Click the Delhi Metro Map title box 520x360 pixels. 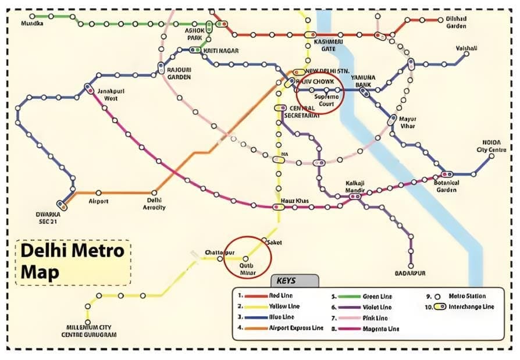[73, 262]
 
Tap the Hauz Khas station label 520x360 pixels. [290, 201]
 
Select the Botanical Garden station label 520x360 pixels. [447, 186]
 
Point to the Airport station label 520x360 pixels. [98, 201]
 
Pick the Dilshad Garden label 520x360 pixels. [457, 22]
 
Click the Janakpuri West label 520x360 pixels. [111, 95]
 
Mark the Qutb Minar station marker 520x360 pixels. [245, 258]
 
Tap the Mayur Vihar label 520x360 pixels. [408, 122]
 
